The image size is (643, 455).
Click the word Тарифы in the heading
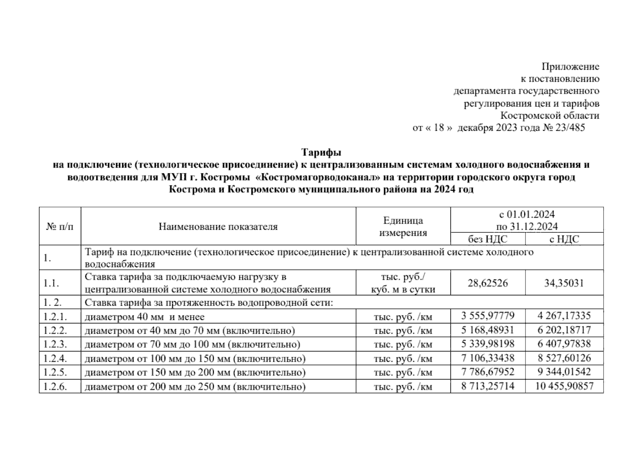click(x=321, y=152)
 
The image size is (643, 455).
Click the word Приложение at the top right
click(x=570, y=67)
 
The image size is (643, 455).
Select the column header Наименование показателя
click(x=218, y=227)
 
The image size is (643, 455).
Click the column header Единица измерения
click(x=403, y=226)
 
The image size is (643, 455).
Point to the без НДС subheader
click(x=488, y=239)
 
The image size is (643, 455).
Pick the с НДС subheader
click(x=564, y=239)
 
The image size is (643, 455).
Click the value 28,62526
click(x=488, y=283)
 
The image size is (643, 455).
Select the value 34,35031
click(x=564, y=283)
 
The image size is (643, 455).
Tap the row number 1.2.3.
click(x=55, y=344)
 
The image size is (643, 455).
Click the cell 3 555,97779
click(x=488, y=316)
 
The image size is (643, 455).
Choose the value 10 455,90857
click(x=564, y=386)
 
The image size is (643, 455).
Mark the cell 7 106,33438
click(x=488, y=358)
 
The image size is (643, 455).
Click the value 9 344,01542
click(x=564, y=372)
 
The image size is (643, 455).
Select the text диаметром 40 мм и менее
click(x=144, y=317)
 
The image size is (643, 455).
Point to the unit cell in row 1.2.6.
click(x=403, y=387)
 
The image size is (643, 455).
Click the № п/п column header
click(x=60, y=227)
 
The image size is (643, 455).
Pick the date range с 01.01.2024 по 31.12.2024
click(x=527, y=220)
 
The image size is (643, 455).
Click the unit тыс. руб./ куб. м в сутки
click(x=403, y=283)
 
